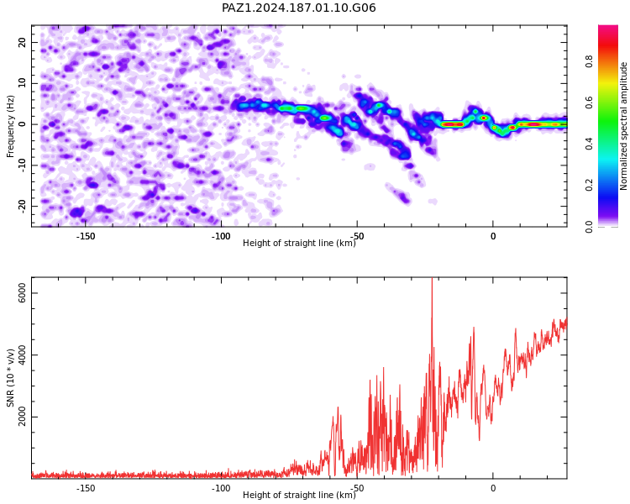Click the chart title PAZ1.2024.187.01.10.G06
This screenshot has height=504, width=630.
coord(298,8)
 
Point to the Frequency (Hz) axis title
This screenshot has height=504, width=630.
coord(10,126)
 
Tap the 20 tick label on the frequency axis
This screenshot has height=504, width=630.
coord(23,42)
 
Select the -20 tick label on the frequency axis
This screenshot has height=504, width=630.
coord(23,207)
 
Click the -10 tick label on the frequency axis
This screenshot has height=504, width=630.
coord(23,165)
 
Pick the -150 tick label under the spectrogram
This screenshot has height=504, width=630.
coord(85,236)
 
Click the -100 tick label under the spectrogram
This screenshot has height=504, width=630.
coord(221,236)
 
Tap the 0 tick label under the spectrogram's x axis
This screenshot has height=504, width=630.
coord(493,236)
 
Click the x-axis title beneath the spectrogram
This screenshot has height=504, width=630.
coord(299,243)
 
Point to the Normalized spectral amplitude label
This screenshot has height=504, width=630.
coord(623,126)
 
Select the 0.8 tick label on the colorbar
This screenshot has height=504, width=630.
coord(589,62)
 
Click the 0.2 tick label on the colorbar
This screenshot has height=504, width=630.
coord(589,186)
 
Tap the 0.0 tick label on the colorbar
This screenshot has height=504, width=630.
coord(589,227)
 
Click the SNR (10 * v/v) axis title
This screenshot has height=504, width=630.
coord(10,377)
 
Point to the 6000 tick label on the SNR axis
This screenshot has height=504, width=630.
coord(23,293)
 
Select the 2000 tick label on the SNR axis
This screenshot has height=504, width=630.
coord(23,417)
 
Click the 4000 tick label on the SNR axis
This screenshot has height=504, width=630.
coord(23,354)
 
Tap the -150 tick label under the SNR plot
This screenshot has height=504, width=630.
coord(85,488)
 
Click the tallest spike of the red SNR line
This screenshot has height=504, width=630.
coord(432,279)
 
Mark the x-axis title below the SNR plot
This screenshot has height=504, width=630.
coord(299,495)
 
